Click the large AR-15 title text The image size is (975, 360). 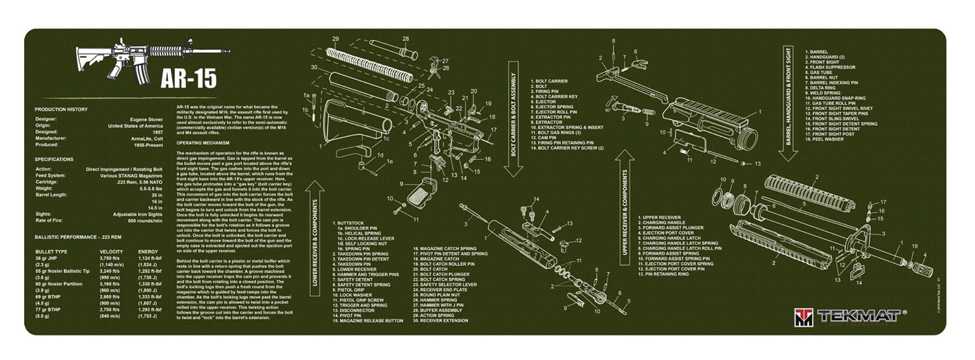click(189, 77)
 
